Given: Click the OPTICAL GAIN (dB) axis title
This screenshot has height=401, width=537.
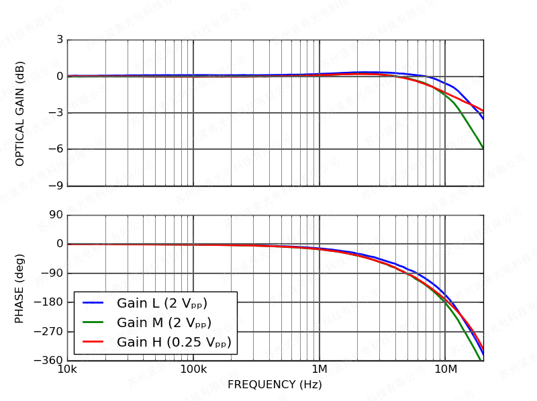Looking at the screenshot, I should (x=20, y=114).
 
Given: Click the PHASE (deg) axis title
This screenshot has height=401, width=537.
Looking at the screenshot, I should (x=20, y=288).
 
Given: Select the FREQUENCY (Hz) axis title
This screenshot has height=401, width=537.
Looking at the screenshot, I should (x=275, y=385).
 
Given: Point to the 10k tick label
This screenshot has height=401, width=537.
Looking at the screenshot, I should (x=67, y=370).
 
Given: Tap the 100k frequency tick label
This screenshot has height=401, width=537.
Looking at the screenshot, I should (x=193, y=370).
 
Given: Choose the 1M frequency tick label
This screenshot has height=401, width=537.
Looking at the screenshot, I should (x=320, y=370).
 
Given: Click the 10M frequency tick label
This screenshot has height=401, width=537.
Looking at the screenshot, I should (x=445, y=370).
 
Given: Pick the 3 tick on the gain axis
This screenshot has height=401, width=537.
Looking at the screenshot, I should (x=60, y=40).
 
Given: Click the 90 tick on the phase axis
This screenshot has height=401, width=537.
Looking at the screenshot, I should (x=56, y=215).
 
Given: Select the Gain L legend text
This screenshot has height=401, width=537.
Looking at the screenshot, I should (x=162, y=304).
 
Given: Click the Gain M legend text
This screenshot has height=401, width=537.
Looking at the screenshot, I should (x=164, y=323).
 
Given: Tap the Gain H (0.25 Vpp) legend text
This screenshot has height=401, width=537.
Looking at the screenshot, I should (x=173, y=343).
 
